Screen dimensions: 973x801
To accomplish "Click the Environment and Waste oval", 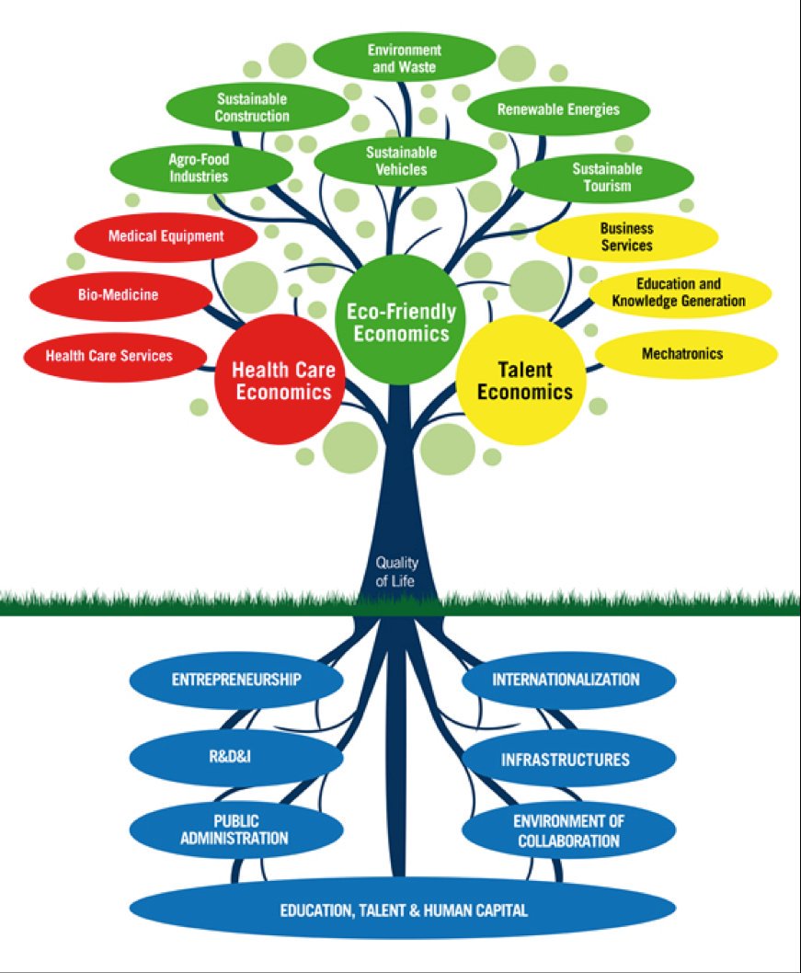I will pyautogui.click(x=404, y=58).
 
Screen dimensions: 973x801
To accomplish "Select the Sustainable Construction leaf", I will pyautogui.click(x=253, y=107).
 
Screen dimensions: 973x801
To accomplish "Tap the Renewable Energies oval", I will pyautogui.click(x=558, y=109).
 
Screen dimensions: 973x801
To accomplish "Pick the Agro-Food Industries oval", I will pyautogui.click(x=200, y=167).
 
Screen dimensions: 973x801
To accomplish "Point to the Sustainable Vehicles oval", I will pyautogui.click(x=402, y=161).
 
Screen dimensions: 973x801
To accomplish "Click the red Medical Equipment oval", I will pyautogui.click(x=166, y=237).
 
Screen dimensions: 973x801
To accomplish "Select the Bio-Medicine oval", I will pyautogui.click(x=120, y=295).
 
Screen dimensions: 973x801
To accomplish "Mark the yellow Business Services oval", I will pyautogui.click(x=626, y=237).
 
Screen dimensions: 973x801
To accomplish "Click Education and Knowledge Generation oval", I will pyautogui.click(x=680, y=292).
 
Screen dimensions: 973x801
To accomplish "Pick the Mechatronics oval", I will pyautogui.click(x=685, y=353).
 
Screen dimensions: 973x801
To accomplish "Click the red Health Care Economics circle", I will pyautogui.click(x=280, y=381).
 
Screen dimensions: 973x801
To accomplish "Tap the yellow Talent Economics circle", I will pyautogui.click(x=521, y=381).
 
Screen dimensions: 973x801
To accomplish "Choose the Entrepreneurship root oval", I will pyautogui.click(x=236, y=681).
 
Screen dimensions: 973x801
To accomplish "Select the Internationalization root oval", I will pyautogui.click(x=567, y=681).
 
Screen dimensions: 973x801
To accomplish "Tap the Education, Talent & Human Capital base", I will pyautogui.click(x=403, y=910).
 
